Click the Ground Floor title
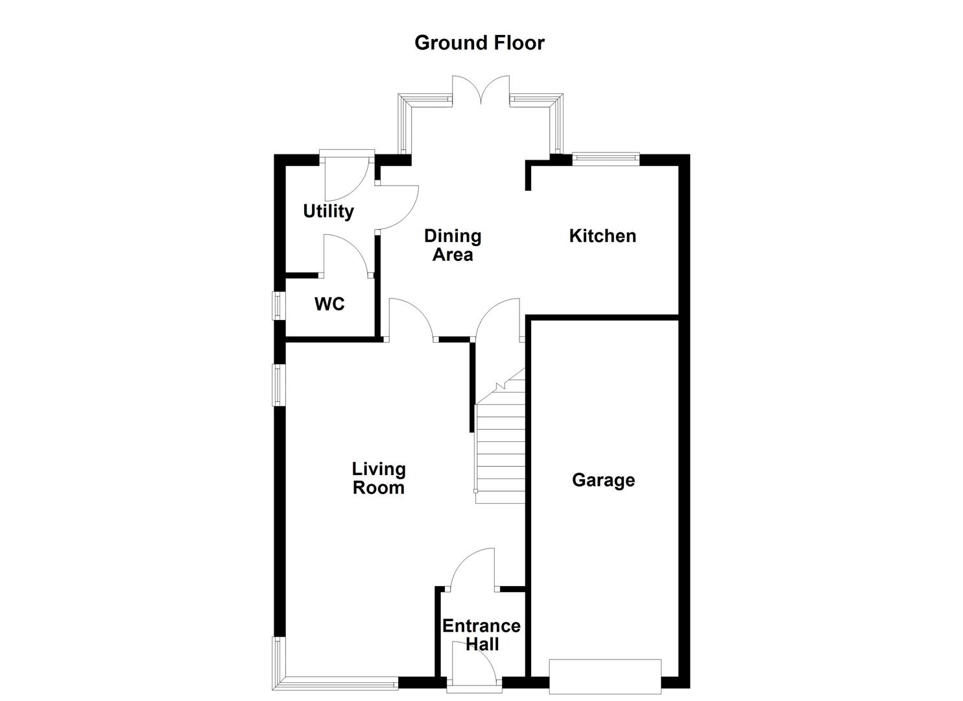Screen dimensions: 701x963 tap(479, 43)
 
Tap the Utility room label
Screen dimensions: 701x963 tap(328, 211)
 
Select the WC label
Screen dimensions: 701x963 tap(329, 304)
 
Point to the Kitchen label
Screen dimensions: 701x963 tap(602, 236)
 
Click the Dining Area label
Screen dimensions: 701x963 tap(453, 245)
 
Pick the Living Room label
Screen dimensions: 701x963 tap(379, 478)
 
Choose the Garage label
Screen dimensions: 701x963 tap(603, 480)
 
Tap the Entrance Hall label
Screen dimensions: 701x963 tap(481, 635)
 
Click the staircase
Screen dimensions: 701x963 tap(499, 448)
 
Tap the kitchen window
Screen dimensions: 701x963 tap(606, 157)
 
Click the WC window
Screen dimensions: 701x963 tap(278, 305)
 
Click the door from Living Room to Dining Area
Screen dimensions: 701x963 tap(411, 318)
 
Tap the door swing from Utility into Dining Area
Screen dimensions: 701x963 tap(397, 207)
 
